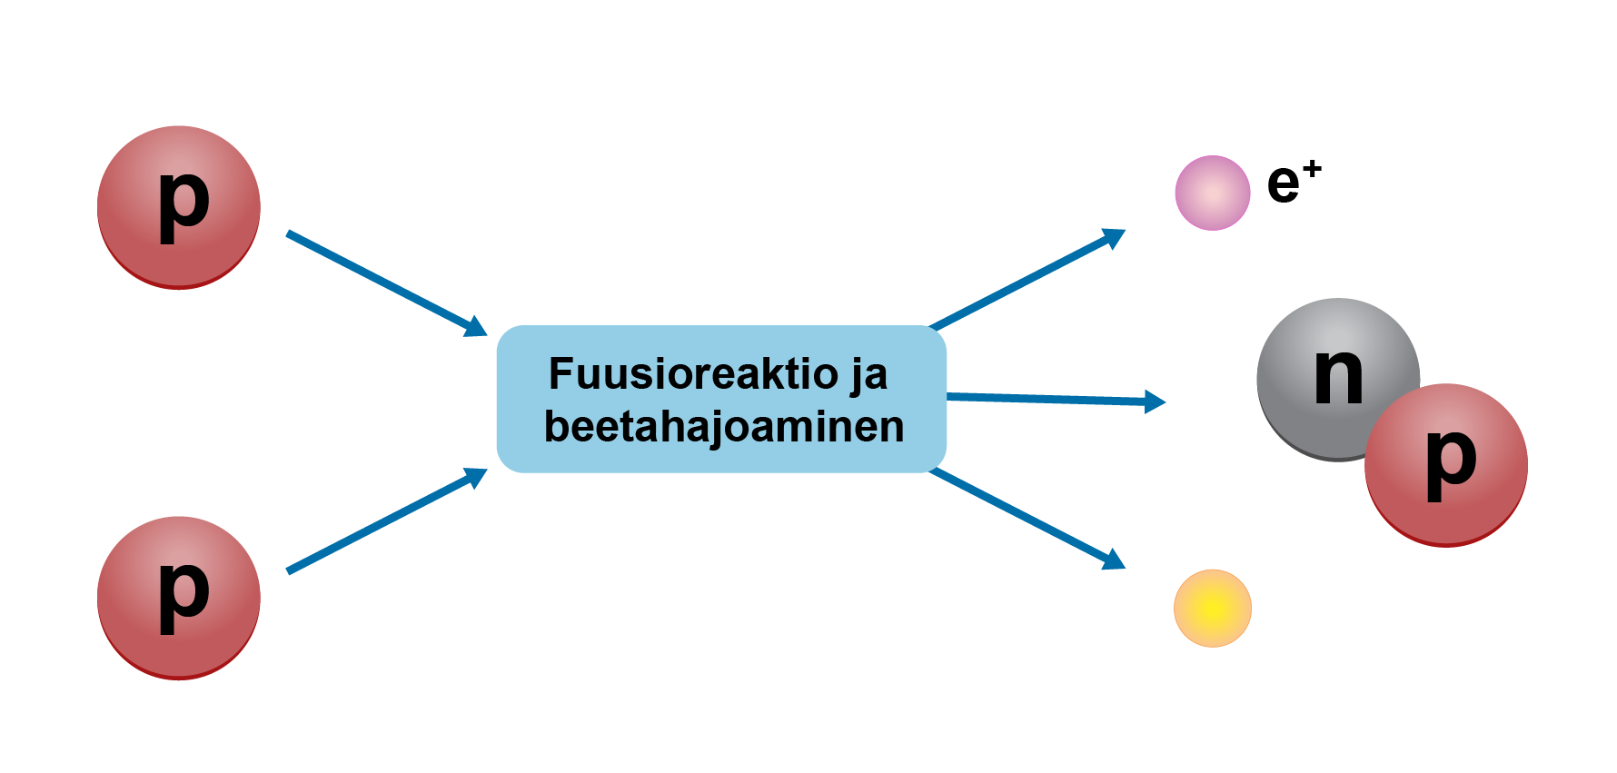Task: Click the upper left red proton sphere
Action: point(179,207)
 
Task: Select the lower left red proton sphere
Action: point(179,598)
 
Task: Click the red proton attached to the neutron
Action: point(1446,465)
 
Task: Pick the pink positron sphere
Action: point(1213,193)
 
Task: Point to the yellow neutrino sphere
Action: point(1213,609)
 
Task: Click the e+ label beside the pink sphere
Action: point(1295,182)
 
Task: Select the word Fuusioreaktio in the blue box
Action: point(694,373)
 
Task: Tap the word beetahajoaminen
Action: point(724,427)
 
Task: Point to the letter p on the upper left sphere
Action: point(184,205)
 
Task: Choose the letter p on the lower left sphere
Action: point(184,596)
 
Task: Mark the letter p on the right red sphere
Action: point(1451,463)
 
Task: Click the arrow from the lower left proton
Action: point(387,520)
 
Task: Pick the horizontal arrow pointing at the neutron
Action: point(1057,399)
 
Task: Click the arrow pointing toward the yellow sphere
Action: point(1027,519)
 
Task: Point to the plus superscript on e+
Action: point(1312,169)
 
